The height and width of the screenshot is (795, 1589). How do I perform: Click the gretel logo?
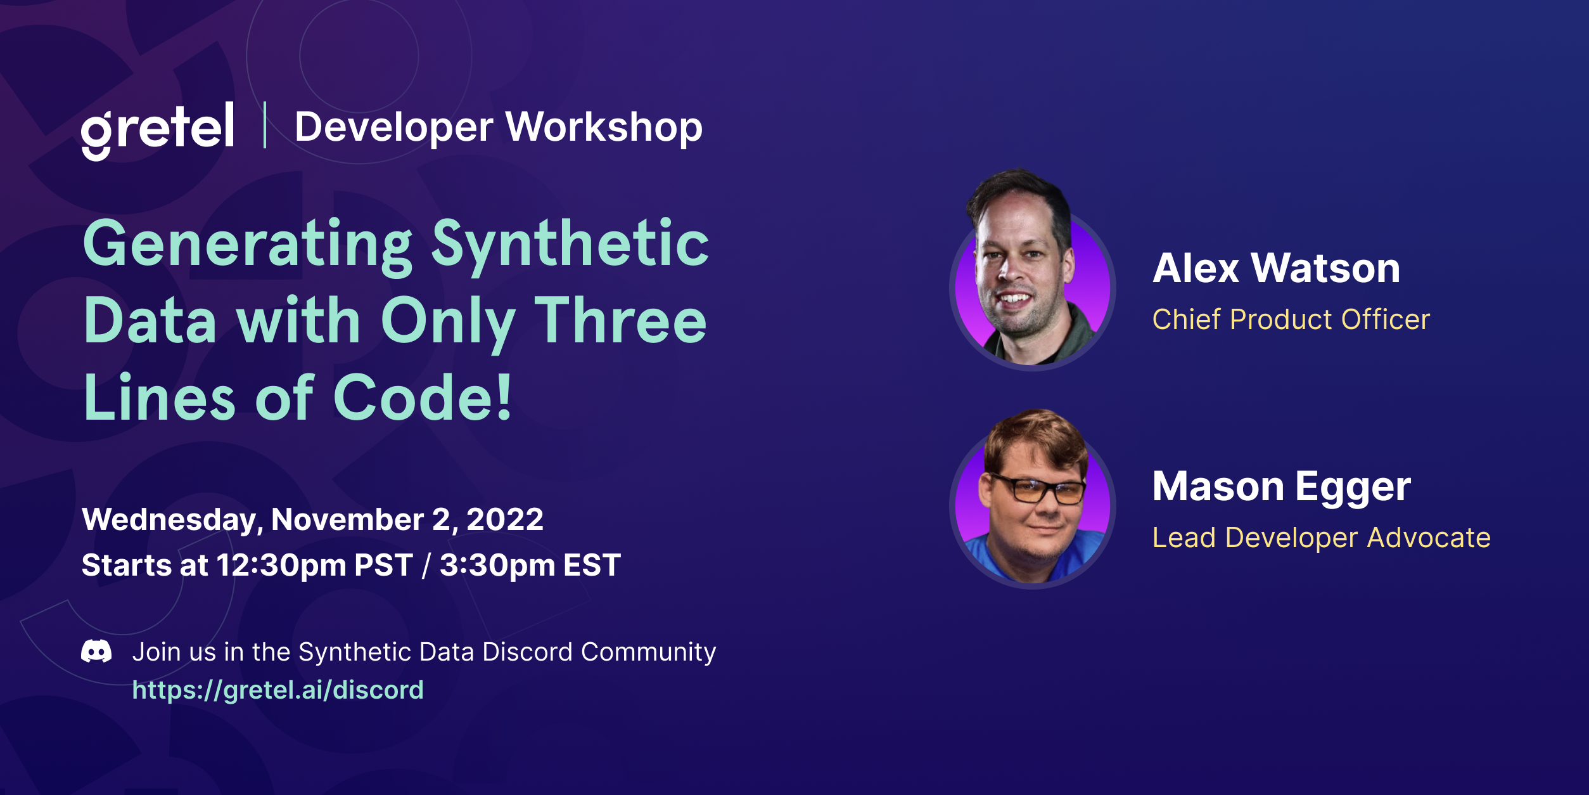(157, 130)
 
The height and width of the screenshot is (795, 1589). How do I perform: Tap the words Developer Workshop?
(499, 127)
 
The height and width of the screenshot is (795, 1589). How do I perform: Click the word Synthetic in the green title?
(570, 245)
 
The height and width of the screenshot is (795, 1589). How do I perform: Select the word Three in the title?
(620, 321)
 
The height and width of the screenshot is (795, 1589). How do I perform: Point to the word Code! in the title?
(422, 398)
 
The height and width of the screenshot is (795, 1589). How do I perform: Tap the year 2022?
(505, 520)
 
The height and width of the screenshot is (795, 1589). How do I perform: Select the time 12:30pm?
(282, 565)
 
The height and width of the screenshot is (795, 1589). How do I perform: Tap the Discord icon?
(96, 651)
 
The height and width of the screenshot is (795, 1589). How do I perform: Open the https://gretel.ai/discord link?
(278, 690)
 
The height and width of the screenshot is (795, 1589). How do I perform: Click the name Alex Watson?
(1276, 268)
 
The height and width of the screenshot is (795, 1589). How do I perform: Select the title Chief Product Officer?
(1291, 320)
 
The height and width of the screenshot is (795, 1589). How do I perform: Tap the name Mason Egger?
(1281, 486)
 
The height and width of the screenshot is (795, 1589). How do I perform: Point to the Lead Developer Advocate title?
(1321, 538)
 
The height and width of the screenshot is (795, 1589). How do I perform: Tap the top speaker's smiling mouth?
(1016, 298)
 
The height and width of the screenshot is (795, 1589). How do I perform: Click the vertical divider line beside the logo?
(265, 125)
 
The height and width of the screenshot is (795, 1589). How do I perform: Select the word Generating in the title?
(247, 245)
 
